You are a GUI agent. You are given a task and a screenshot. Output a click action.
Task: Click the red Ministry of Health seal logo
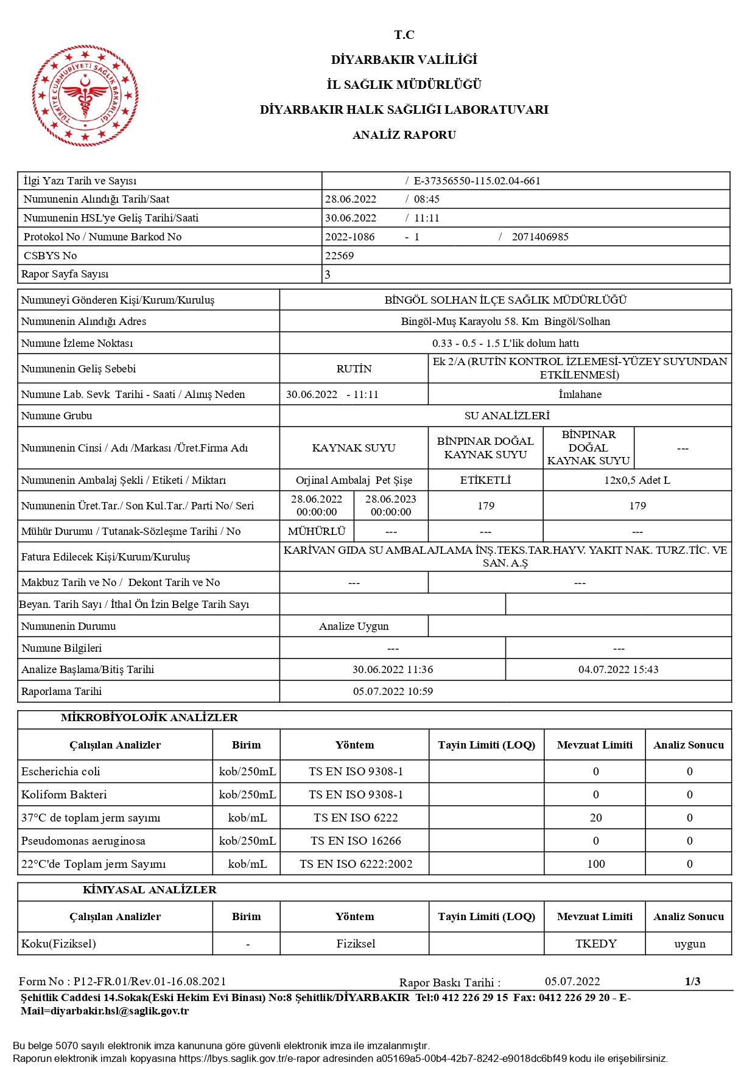coord(85,96)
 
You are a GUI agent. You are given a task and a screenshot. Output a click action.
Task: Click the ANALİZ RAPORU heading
coord(404,135)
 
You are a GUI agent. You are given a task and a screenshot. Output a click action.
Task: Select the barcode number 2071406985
coord(540,237)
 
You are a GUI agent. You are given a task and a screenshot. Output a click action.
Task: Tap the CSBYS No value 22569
coord(339,256)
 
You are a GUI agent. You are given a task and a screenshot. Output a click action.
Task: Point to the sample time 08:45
coord(426,199)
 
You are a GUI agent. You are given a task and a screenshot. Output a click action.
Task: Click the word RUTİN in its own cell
coord(354,369)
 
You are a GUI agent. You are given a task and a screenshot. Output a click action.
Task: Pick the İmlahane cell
coord(580,394)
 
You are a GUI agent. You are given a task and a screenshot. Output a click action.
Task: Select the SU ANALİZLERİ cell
coord(507,416)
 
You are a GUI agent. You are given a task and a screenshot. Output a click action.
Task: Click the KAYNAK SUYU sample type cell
coord(354,448)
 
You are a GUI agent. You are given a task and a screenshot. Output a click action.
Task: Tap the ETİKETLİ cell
coord(485,480)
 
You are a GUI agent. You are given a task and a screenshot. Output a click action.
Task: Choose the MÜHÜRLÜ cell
coord(317,531)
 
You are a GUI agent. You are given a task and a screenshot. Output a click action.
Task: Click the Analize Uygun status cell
coord(354,626)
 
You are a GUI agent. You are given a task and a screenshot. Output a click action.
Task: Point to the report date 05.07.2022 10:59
coord(393,691)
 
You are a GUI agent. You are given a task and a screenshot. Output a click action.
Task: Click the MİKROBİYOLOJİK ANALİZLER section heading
coord(149,717)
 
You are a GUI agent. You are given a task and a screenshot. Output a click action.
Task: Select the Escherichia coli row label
coord(61,772)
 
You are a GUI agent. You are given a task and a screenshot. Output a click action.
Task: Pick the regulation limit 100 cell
coord(595,864)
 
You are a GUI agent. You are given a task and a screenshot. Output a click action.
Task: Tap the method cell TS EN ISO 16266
coord(356,841)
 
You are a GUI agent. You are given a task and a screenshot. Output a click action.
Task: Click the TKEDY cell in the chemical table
coord(595,944)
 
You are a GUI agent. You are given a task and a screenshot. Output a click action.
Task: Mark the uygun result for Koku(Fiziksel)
coord(689,944)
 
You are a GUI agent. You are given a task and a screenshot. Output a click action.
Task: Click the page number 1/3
coord(692,982)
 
